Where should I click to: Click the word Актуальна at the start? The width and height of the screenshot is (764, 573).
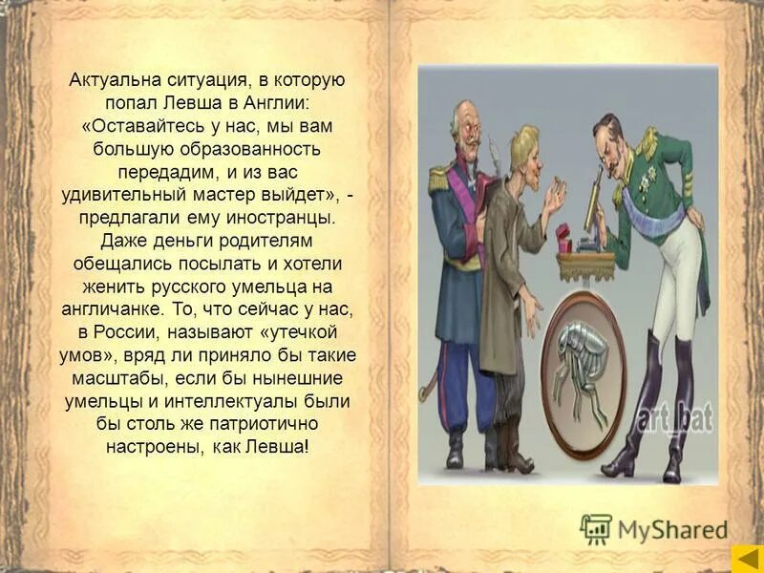[x=109, y=81]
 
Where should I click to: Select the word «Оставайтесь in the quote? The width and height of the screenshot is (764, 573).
[x=138, y=126]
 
